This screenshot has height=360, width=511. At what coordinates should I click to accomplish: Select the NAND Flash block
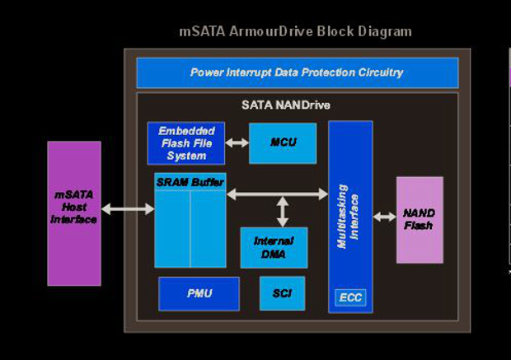420,219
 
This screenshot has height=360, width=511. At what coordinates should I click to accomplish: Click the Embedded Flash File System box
186,143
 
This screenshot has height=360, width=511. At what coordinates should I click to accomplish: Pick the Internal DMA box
274,247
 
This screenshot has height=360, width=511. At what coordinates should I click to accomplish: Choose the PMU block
199,293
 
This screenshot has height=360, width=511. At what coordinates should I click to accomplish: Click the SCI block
282,293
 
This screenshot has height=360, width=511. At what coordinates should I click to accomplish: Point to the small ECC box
350,297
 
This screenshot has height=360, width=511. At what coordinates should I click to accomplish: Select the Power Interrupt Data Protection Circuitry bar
297,72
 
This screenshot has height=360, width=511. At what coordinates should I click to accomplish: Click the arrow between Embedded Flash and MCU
237,143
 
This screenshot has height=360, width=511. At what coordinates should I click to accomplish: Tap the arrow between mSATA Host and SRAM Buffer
128,209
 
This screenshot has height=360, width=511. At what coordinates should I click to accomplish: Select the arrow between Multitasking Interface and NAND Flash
384,217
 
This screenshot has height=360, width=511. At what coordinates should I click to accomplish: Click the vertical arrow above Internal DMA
283,211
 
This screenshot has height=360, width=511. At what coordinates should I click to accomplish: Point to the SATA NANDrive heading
286,105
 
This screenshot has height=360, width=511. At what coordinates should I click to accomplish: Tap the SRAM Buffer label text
190,181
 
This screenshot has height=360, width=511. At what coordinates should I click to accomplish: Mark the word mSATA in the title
198,32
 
